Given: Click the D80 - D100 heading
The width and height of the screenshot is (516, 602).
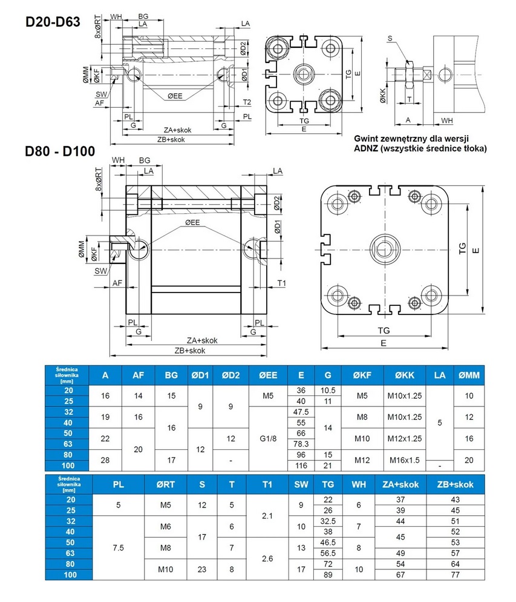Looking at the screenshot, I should (59, 151).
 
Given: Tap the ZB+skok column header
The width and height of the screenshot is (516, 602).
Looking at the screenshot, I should (455, 484).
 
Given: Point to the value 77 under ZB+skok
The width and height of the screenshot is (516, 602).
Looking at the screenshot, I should (455, 575).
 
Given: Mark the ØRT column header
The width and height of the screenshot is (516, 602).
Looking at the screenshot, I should (166, 484).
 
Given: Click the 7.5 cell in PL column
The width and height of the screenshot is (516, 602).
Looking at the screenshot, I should (119, 547).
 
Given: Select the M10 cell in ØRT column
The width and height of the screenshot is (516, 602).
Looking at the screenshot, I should (166, 569).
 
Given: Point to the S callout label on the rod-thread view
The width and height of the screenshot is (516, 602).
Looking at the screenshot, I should (390, 39).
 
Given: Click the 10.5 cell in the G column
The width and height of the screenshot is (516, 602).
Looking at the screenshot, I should (328, 391).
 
